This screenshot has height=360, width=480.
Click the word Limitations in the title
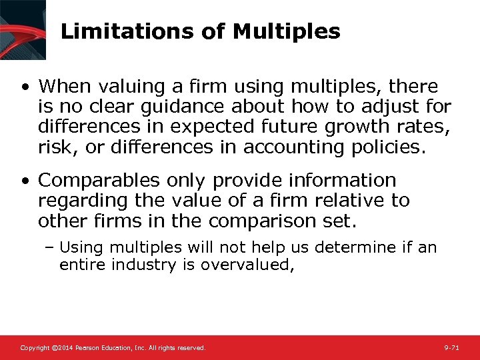107,31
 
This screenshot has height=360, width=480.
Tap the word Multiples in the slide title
295,31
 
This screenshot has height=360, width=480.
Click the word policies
387,147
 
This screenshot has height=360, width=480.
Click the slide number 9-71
451,348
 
